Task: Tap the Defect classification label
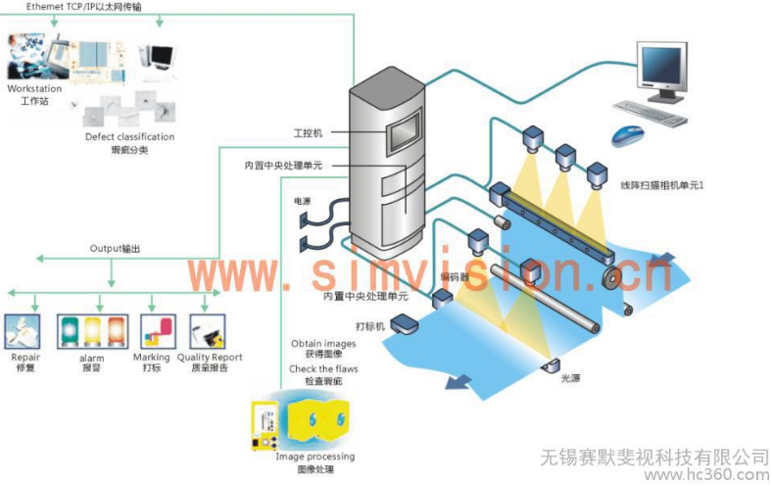(129, 136)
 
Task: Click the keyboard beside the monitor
(653, 116)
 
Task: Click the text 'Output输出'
(115, 249)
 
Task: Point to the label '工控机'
(307, 132)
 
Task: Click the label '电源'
(302, 201)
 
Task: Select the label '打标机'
(367, 324)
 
